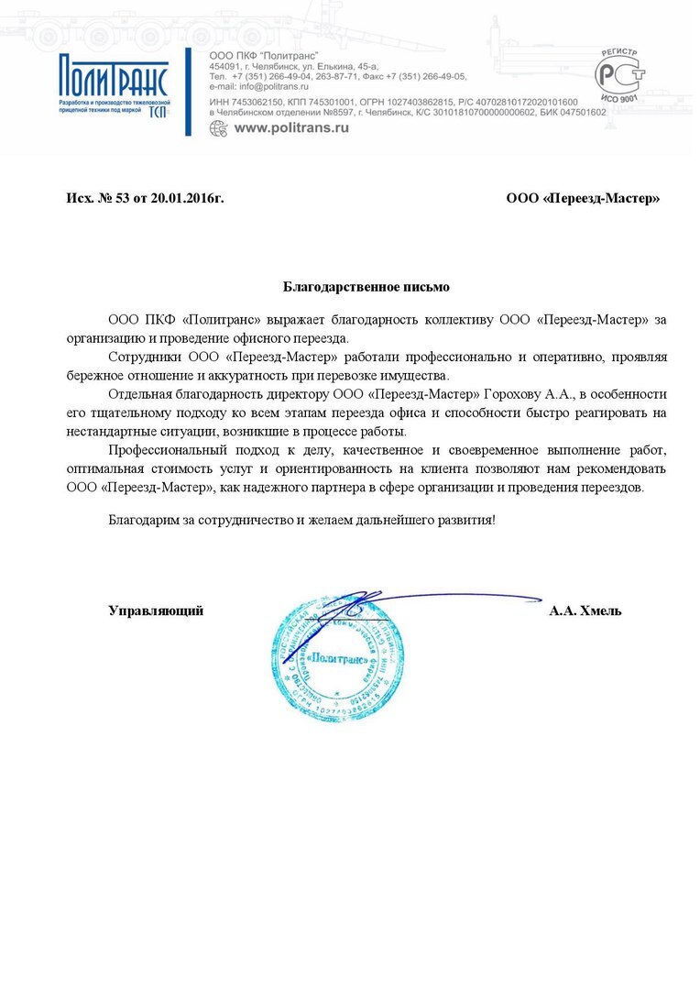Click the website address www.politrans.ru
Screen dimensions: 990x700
click(291, 128)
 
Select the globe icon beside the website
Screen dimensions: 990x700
click(218, 128)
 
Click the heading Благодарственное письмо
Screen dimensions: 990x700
click(366, 287)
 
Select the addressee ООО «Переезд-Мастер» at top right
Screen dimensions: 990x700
click(583, 198)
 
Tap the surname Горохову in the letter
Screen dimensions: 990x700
click(513, 393)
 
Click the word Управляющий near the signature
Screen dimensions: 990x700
click(156, 610)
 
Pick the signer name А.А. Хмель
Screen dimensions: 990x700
click(585, 610)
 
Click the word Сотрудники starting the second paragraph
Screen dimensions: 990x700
click(143, 356)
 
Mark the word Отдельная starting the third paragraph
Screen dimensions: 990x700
click(139, 393)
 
